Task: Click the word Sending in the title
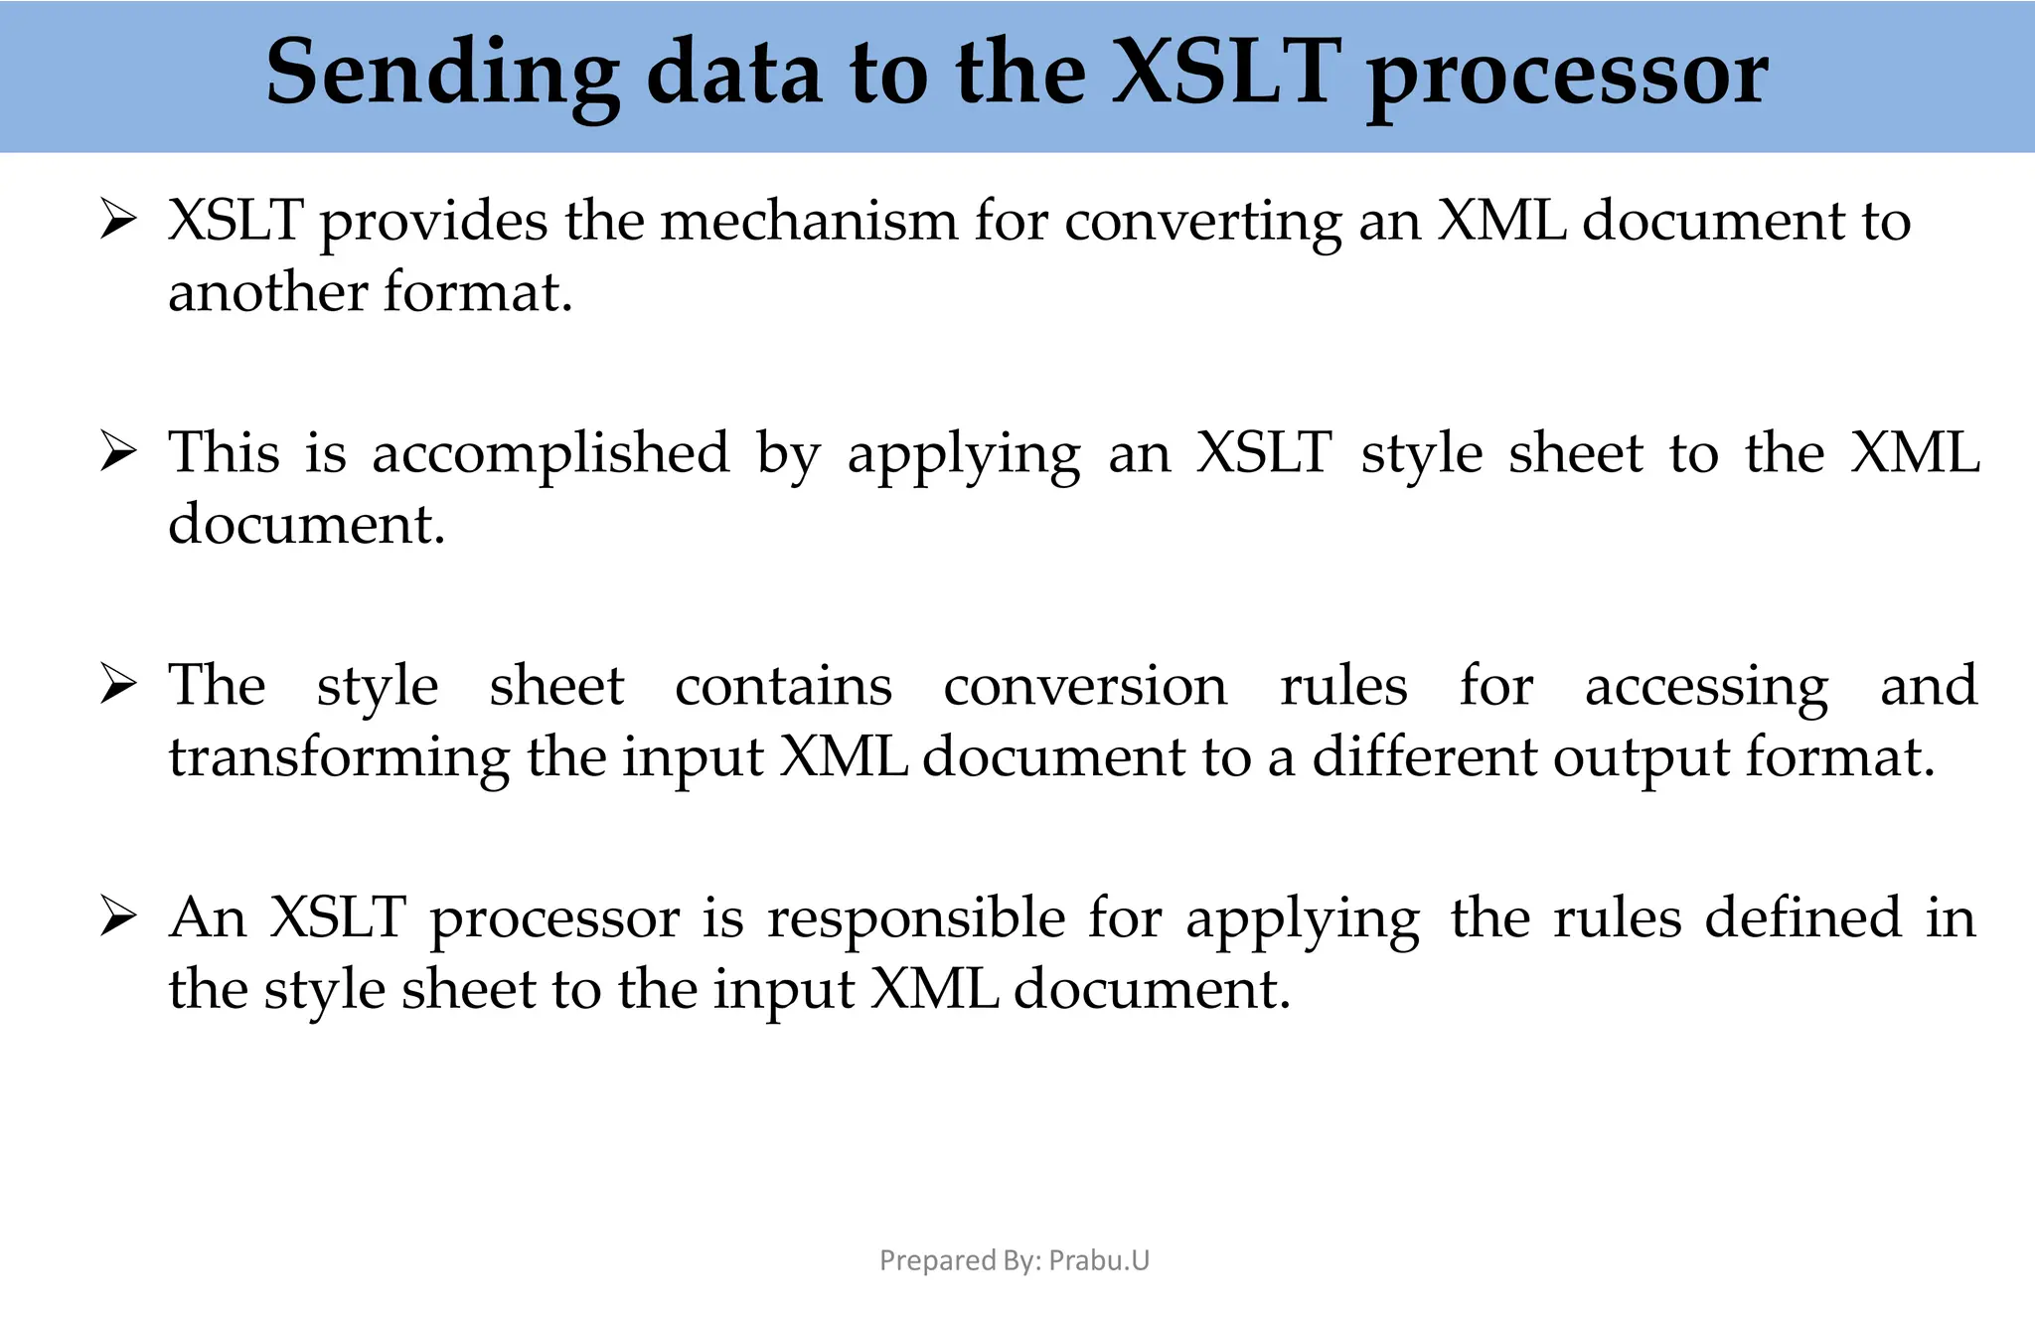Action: pyautogui.click(x=442, y=75)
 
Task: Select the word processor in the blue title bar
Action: pyautogui.click(x=1567, y=75)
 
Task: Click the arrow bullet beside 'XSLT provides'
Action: pyautogui.click(x=118, y=220)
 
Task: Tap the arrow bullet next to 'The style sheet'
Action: pyautogui.click(x=118, y=685)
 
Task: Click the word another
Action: pyautogui.click(x=268, y=292)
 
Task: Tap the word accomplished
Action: pyautogui.click(x=550, y=454)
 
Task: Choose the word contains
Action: pyautogui.click(x=783, y=686)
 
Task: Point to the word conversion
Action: pyautogui.click(x=1085, y=686)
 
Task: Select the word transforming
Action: pyautogui.click(x=338, y=759)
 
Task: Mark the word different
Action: pyautogui.click(x=1424, y=757)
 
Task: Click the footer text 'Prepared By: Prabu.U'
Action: pyautogui.click(x=1015, y=1260)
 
